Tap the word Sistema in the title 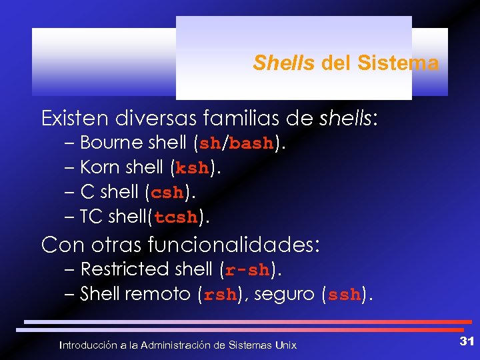pos(398,63)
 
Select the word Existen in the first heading pos(74,119)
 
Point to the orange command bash pos(251,143)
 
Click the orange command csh pos(167,193)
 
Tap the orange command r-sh pos(247,270)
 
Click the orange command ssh pos(344,295)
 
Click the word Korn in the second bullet pos(97,167)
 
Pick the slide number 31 pos(466,341)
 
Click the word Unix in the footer pos(286,345)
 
